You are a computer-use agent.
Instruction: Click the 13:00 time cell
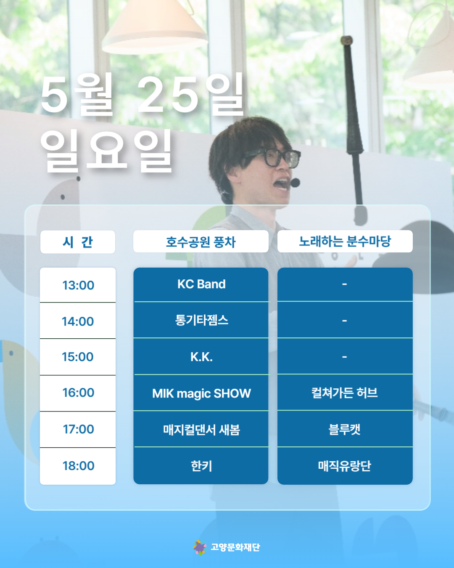[x=78, y=285]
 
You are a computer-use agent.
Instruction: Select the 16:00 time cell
[x=78, y=393]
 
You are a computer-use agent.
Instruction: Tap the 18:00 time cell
[x=78, y=466]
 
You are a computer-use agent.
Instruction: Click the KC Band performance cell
[x=201, y=284]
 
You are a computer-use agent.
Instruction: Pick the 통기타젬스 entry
[x=201, y=320]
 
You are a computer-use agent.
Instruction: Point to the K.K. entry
[x=201, y=357]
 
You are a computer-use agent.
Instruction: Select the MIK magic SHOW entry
[x=201, y=393]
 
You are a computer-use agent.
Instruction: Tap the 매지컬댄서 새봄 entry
[x=201, y=429]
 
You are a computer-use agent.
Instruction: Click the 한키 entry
[x=201, y=466]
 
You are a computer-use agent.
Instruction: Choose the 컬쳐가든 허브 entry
[x=345, y=393]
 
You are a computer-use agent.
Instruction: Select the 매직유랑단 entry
[x=345, y=466]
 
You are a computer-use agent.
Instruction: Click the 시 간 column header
[x=77, y=242]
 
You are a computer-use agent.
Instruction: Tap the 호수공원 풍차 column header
[x=201, y=241]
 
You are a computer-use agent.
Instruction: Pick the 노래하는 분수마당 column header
[x=345, y=241]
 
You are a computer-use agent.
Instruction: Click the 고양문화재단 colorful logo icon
[x=200, y=547]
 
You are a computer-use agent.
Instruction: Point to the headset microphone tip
[x=295, y=183]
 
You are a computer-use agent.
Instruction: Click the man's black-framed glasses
[x=275, y=158]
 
